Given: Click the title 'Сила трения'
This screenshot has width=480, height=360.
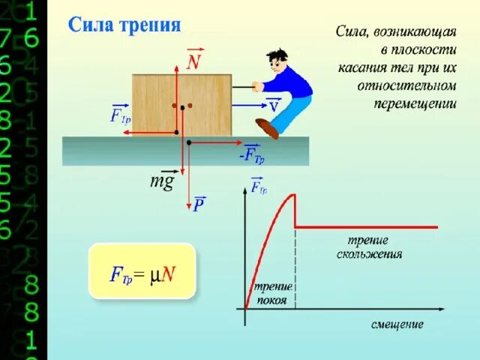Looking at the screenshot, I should (x=125, y=25).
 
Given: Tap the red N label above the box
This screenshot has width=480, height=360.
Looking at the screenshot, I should (x=193, y=61).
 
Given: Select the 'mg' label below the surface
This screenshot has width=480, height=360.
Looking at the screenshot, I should (x=162, y=181).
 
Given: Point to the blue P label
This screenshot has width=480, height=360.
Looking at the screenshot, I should (x=199, y=204).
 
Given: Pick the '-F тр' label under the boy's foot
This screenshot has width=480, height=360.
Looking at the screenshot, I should (x=252, y=155).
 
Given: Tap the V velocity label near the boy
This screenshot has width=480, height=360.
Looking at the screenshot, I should (x=274, y=106).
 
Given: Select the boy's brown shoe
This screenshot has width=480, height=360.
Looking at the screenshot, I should (x=267, y=128).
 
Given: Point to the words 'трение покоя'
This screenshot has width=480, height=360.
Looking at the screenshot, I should (x=271, y=294).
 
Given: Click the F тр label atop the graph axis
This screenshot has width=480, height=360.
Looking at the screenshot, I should (x=259, y=187).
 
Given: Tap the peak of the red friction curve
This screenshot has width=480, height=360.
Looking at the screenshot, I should (x=294, y=196).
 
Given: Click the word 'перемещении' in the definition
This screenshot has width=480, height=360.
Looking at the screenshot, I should (x=415, y=103).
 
